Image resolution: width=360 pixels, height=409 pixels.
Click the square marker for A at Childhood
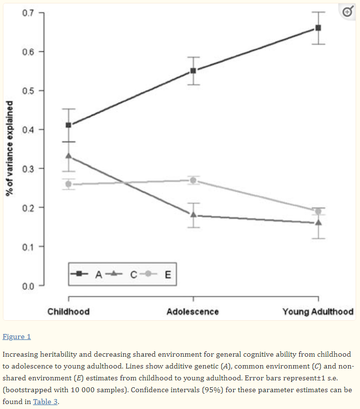coord(69,125)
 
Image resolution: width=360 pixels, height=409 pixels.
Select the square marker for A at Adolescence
coord(193,71)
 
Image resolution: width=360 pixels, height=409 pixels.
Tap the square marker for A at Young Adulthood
coord(318,28)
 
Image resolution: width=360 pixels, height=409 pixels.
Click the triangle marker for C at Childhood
coord(69,156)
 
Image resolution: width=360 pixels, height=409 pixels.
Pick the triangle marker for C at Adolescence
coord(193,215)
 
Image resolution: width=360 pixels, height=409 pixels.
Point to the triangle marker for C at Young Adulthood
coord(318,223)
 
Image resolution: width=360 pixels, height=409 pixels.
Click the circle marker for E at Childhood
coord(69,184)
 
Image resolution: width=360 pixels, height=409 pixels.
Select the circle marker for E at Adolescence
coord(193,180)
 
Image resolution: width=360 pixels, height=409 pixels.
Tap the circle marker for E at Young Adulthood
coord(318,211)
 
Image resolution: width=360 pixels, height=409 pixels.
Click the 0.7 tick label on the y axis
coord(28,13)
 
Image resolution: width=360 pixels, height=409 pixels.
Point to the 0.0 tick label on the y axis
coord(28,286)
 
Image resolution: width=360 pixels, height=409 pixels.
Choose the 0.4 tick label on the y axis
coord(28,130)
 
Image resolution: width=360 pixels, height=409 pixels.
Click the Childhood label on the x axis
coord(69,312)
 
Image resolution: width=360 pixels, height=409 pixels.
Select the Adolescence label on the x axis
coord(193,312)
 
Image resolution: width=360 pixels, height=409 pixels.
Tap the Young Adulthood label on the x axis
coord(318,312)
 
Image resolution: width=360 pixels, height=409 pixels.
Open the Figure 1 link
coord(17,336)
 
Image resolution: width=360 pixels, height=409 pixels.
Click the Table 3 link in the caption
coord(45,401)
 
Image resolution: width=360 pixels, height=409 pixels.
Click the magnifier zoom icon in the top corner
coord(347,12)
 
